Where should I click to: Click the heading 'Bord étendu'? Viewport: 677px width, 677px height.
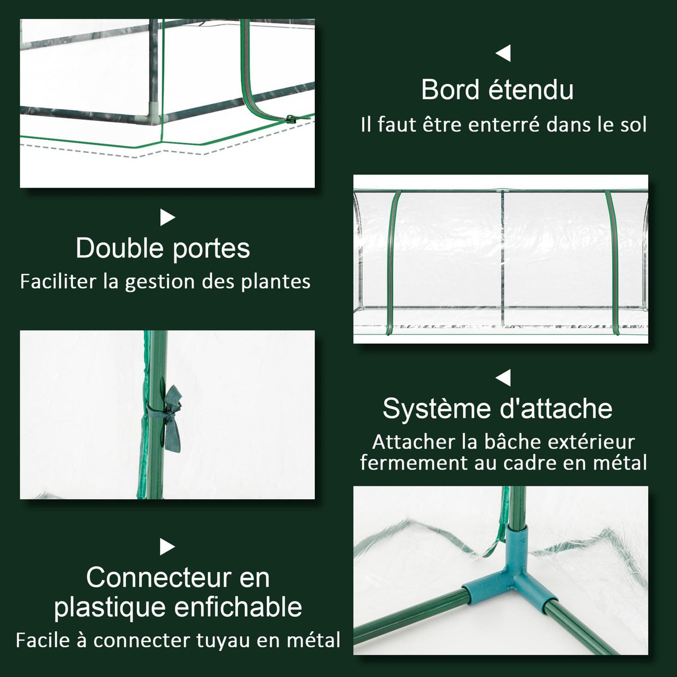coord(497,90)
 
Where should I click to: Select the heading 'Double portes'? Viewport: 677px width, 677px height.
coord(163,248)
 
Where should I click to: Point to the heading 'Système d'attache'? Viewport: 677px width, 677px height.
coord(498,408)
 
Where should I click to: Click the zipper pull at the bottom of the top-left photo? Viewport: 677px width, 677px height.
coord(292,119)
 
